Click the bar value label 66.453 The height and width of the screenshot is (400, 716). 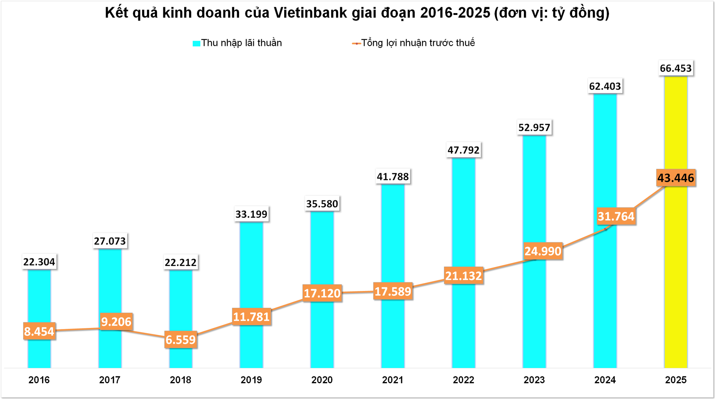click(x=675, y=68)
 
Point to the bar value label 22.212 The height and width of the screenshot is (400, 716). click(x=180, y=263)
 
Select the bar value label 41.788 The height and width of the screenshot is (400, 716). click(x=393, y=177)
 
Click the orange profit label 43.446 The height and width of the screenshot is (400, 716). click(x=675, y=178)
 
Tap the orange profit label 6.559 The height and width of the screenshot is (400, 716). click(x=180, y=340)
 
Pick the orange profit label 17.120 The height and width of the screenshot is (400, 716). click(x=322, y=294)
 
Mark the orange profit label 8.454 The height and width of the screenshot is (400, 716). click(x=39, y=331)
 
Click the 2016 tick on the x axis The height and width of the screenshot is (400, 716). click(x=39, y=380)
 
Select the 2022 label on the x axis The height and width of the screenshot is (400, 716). click(x=463, y=380)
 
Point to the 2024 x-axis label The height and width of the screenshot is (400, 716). click(x=604, y=380)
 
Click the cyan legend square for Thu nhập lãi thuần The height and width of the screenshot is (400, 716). click(x=197, y=43)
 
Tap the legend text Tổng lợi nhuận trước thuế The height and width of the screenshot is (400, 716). click(x=418, y=43)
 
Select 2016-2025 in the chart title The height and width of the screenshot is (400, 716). click(x=455, y=13)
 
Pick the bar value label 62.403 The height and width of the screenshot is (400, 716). click(x=605, y=87)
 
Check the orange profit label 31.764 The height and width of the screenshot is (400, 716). click(x=616, y=217)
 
